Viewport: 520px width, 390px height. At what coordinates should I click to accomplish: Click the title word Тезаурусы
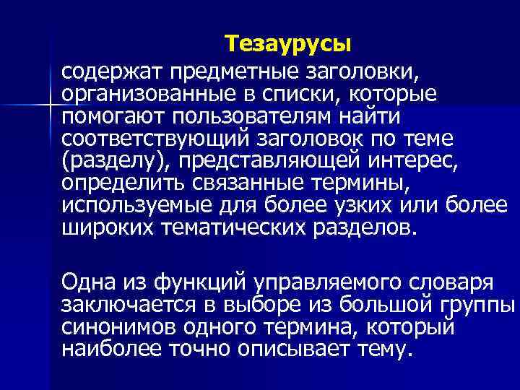287,45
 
